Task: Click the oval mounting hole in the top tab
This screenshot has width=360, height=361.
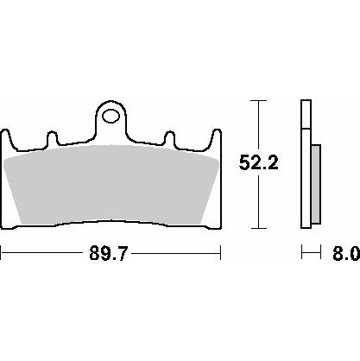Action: tap(111, 116)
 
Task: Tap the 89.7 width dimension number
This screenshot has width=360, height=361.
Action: tap(108, 253)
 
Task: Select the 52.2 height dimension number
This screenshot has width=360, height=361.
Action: tap(258, 163)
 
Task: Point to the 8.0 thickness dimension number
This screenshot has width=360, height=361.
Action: tap(346, 253)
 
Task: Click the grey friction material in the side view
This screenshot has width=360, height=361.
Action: tap(316, 184)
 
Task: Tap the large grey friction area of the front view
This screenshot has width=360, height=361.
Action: tap(111, 185)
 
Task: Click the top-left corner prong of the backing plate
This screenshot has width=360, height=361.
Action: tap(5, 136)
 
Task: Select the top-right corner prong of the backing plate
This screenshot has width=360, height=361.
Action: tap(217, 136)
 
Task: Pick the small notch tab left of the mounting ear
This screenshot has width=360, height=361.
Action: tap(52, 137)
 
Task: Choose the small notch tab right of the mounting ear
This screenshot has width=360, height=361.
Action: tap(170, 137)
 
